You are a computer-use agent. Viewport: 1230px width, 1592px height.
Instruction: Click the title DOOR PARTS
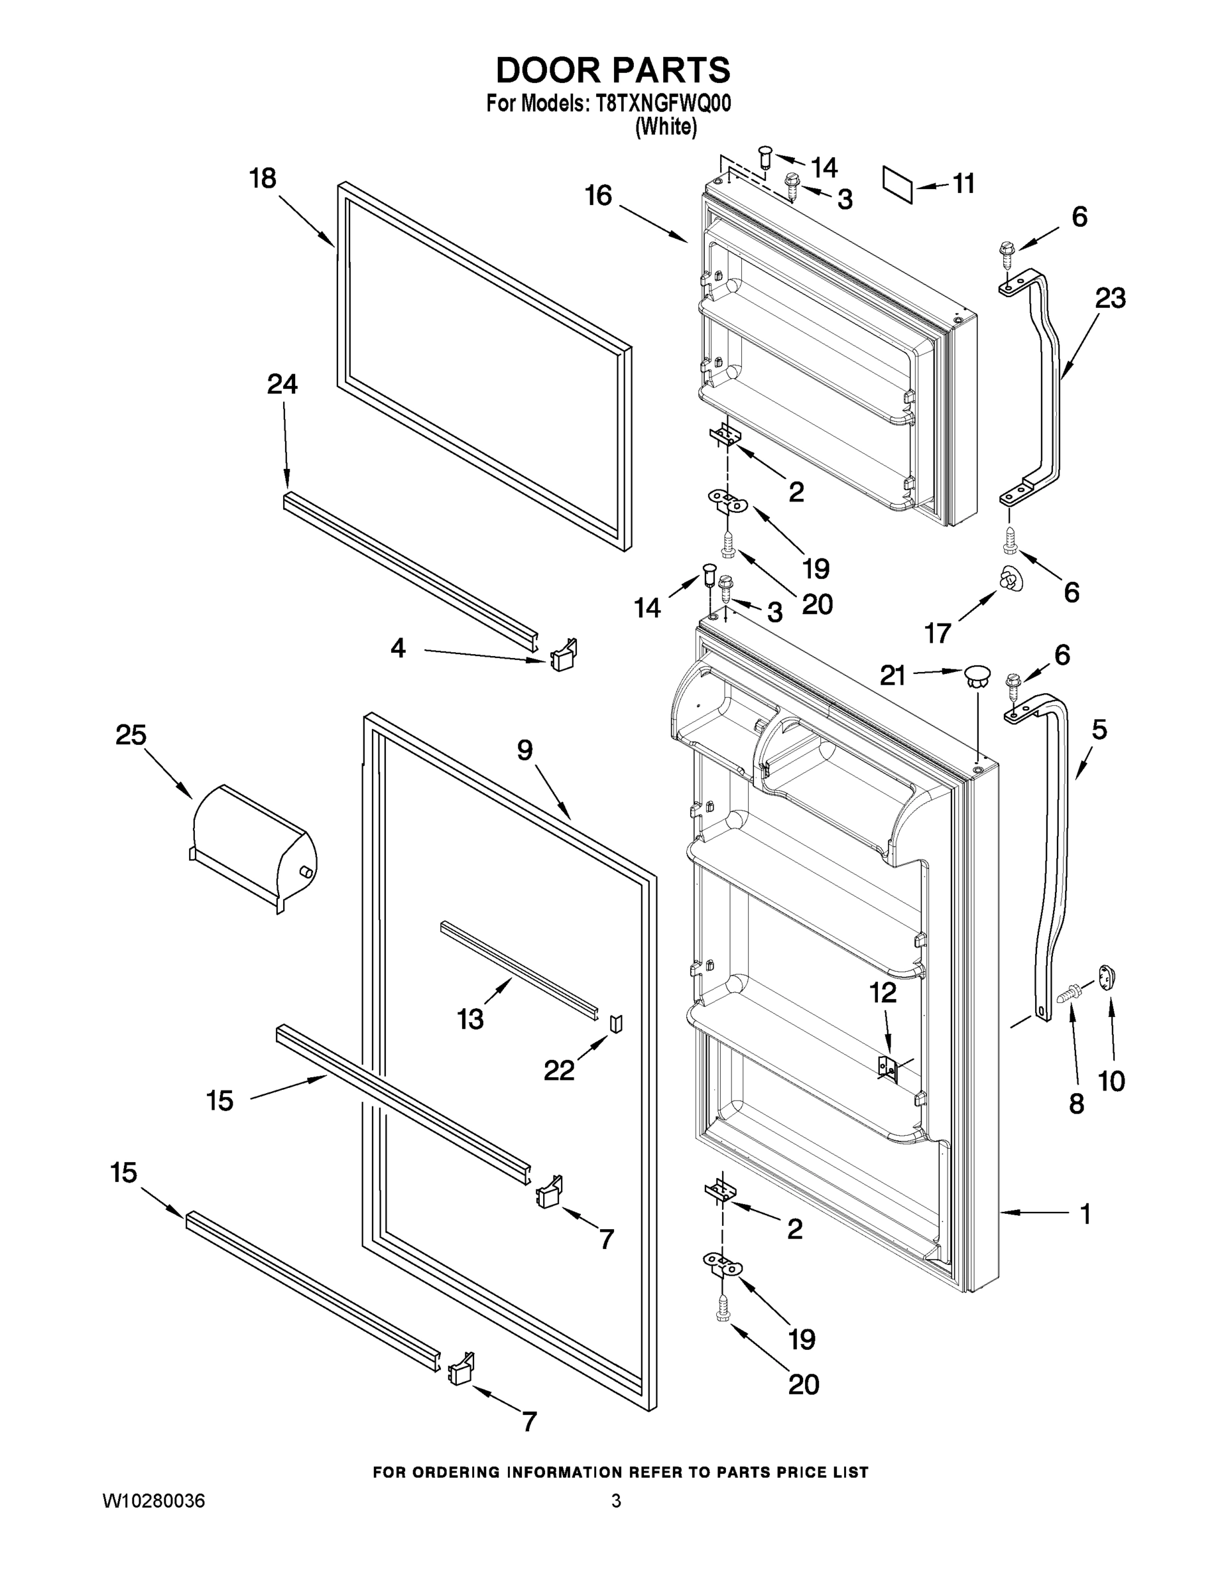(x=613, y=71)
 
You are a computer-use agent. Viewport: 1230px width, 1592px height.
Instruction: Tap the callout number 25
(x=131, y=735)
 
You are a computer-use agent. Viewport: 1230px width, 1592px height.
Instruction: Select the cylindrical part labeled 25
(x=251, y=846)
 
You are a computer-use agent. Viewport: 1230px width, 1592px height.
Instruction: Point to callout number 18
(x=263, y=178)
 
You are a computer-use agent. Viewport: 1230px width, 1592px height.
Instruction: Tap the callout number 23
(x=1110, y=298)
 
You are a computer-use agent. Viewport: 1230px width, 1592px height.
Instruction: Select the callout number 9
(x=524, y=750)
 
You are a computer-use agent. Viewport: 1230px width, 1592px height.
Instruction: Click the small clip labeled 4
(x=563, y=655)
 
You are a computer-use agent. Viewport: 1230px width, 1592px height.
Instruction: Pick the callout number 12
(x=883, y=993)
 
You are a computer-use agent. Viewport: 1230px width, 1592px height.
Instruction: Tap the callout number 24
(x=282, y=384)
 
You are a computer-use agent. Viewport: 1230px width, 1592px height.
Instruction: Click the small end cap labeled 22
(x=616, y=1024)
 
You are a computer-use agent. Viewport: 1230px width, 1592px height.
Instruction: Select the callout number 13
(x=470, y=1019)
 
